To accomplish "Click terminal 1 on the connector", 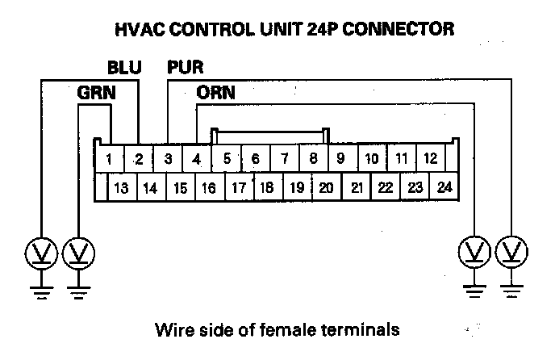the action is pyautogui.click(x=108, y=159).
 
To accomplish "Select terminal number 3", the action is pyautogui.click(x=168, y=159).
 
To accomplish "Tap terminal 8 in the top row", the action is pyautogui.click(x=313, y=159).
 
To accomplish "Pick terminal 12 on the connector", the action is pyautogui.click(x=430, y=159).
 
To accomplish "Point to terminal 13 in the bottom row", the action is pyautogui.click(x=122, y=188).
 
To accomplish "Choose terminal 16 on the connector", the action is pyautogui.click(x=208, y=188).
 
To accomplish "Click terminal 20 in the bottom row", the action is pyautogui.click(x=326, y=188).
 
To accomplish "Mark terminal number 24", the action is pyautogui.click(x=444, y=188).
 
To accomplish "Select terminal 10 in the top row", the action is pyautogui.click(x=371, y=159).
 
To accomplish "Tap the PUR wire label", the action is pyautogui.click(x=185, y=65).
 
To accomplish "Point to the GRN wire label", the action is pyautogui.click(x=96, y=93).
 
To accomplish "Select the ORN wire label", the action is pyautogui.click(x=215, y=93).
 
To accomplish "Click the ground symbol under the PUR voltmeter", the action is pyautogui.click(x=510, y=287).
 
